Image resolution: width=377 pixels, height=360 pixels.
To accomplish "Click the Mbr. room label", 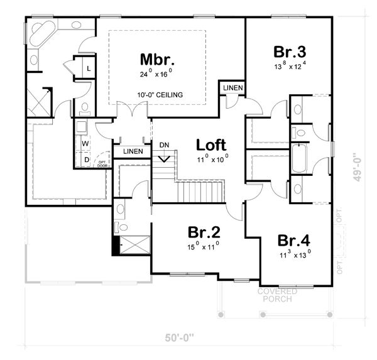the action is point(156,60).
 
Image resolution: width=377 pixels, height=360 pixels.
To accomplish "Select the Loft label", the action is point(211,145).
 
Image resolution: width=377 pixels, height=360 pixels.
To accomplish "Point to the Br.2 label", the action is point(203,232).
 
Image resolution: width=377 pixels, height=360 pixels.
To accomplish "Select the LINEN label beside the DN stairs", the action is point(133,151).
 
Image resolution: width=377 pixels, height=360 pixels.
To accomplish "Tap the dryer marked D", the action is point(86,160).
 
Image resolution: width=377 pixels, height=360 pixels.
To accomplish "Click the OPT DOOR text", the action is point(101,163).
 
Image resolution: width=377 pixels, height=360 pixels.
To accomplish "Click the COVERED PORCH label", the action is point(278,295).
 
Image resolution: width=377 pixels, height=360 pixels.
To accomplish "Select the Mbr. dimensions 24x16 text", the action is point(156,74).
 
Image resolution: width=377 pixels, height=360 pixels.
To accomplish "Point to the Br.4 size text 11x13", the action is point(295,255).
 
